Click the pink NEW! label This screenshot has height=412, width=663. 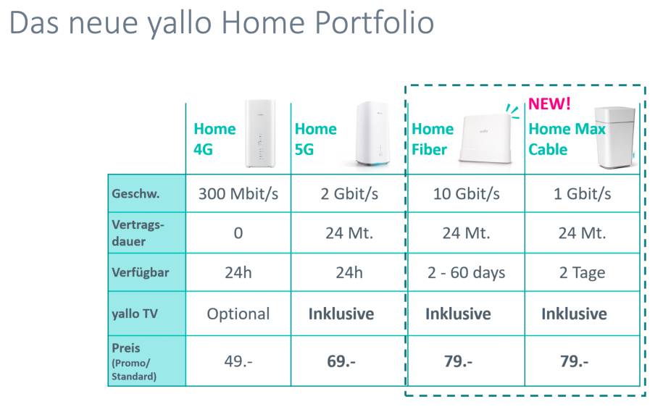point(549,104)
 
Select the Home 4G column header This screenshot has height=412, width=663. point(214,139)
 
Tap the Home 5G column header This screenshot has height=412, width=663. point(315,139)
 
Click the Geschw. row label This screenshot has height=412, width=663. point(135,194)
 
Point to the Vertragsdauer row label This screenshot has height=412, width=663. point(138,233)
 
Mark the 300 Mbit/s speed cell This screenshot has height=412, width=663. point(238,194)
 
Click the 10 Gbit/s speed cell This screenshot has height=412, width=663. point(465,194)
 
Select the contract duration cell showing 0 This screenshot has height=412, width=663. point(238,233)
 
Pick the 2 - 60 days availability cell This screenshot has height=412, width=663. point(465,273)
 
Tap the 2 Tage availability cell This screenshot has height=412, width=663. point(582,273)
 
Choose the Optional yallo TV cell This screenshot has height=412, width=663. point(238,314)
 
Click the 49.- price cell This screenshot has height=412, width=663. point(238,361)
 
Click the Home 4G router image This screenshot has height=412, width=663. point(261,134)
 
